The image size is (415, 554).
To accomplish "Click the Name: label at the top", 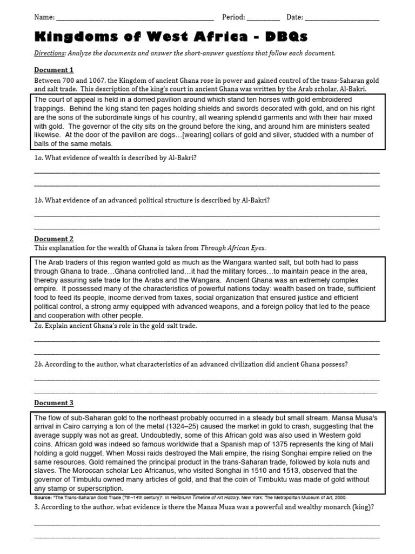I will click(44, 17).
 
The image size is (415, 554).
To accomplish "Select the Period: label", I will click(234, 17).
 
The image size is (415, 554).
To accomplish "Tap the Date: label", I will click(295, 17).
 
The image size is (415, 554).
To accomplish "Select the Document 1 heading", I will click(53, 70).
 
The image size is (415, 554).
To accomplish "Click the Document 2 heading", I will click(53, 239).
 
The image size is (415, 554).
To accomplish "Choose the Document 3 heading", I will click(53, 403).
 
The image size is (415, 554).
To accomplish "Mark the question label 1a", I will click(38, 157).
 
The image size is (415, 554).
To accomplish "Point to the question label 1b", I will click(38, 200).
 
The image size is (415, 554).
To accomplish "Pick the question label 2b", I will click(38, 364).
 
